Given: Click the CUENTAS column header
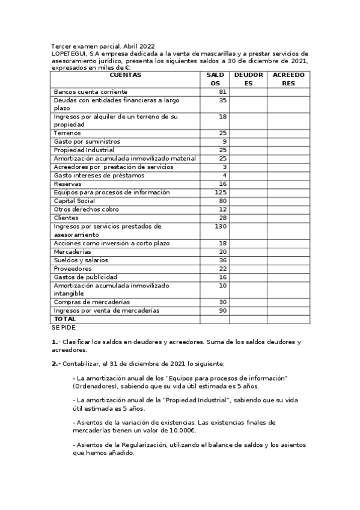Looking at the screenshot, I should (126, 75).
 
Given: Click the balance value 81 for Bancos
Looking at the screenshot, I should (223, 91).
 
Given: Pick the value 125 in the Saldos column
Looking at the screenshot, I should (221, 192).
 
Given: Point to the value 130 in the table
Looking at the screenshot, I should (221, 227).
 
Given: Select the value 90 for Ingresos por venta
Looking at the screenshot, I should (222, 310).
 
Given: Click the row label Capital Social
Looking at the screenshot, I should (75, 201).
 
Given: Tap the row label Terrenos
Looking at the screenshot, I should (67, 133).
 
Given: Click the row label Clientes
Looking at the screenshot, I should (66, 218).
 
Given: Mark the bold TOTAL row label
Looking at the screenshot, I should (65, 319).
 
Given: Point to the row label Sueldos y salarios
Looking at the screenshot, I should (81, 260).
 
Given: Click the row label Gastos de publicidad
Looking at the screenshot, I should (83, 277).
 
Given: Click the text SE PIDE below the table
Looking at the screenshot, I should (64, 328).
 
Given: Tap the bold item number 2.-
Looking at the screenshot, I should (55, 364).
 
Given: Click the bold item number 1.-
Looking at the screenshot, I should (55, 342).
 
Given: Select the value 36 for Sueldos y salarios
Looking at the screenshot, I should (223, 260).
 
